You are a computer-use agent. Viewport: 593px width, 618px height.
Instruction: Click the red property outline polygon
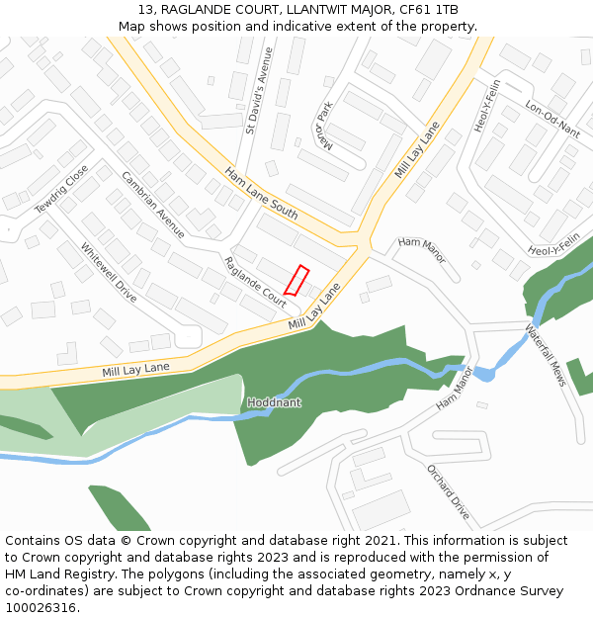point(296,280)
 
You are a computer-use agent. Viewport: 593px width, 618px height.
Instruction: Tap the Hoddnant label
point(274,402)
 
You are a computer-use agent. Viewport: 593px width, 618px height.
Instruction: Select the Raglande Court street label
point(255,282)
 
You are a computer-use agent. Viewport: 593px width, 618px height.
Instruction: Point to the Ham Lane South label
point(261,193)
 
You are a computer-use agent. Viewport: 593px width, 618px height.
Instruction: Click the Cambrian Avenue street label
point(153,205)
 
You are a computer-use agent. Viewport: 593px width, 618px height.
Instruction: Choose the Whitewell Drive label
point(109,272)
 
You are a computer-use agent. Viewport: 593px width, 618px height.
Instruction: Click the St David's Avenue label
point(258,103)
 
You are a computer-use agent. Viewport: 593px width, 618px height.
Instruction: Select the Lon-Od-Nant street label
point(552,120)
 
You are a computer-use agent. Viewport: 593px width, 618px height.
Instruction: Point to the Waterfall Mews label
point(545,355)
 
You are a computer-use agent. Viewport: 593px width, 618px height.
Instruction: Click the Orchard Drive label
point(448,491)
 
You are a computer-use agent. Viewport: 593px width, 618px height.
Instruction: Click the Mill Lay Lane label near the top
point(417,151)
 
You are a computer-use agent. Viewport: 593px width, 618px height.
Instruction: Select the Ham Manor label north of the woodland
point(422,250)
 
